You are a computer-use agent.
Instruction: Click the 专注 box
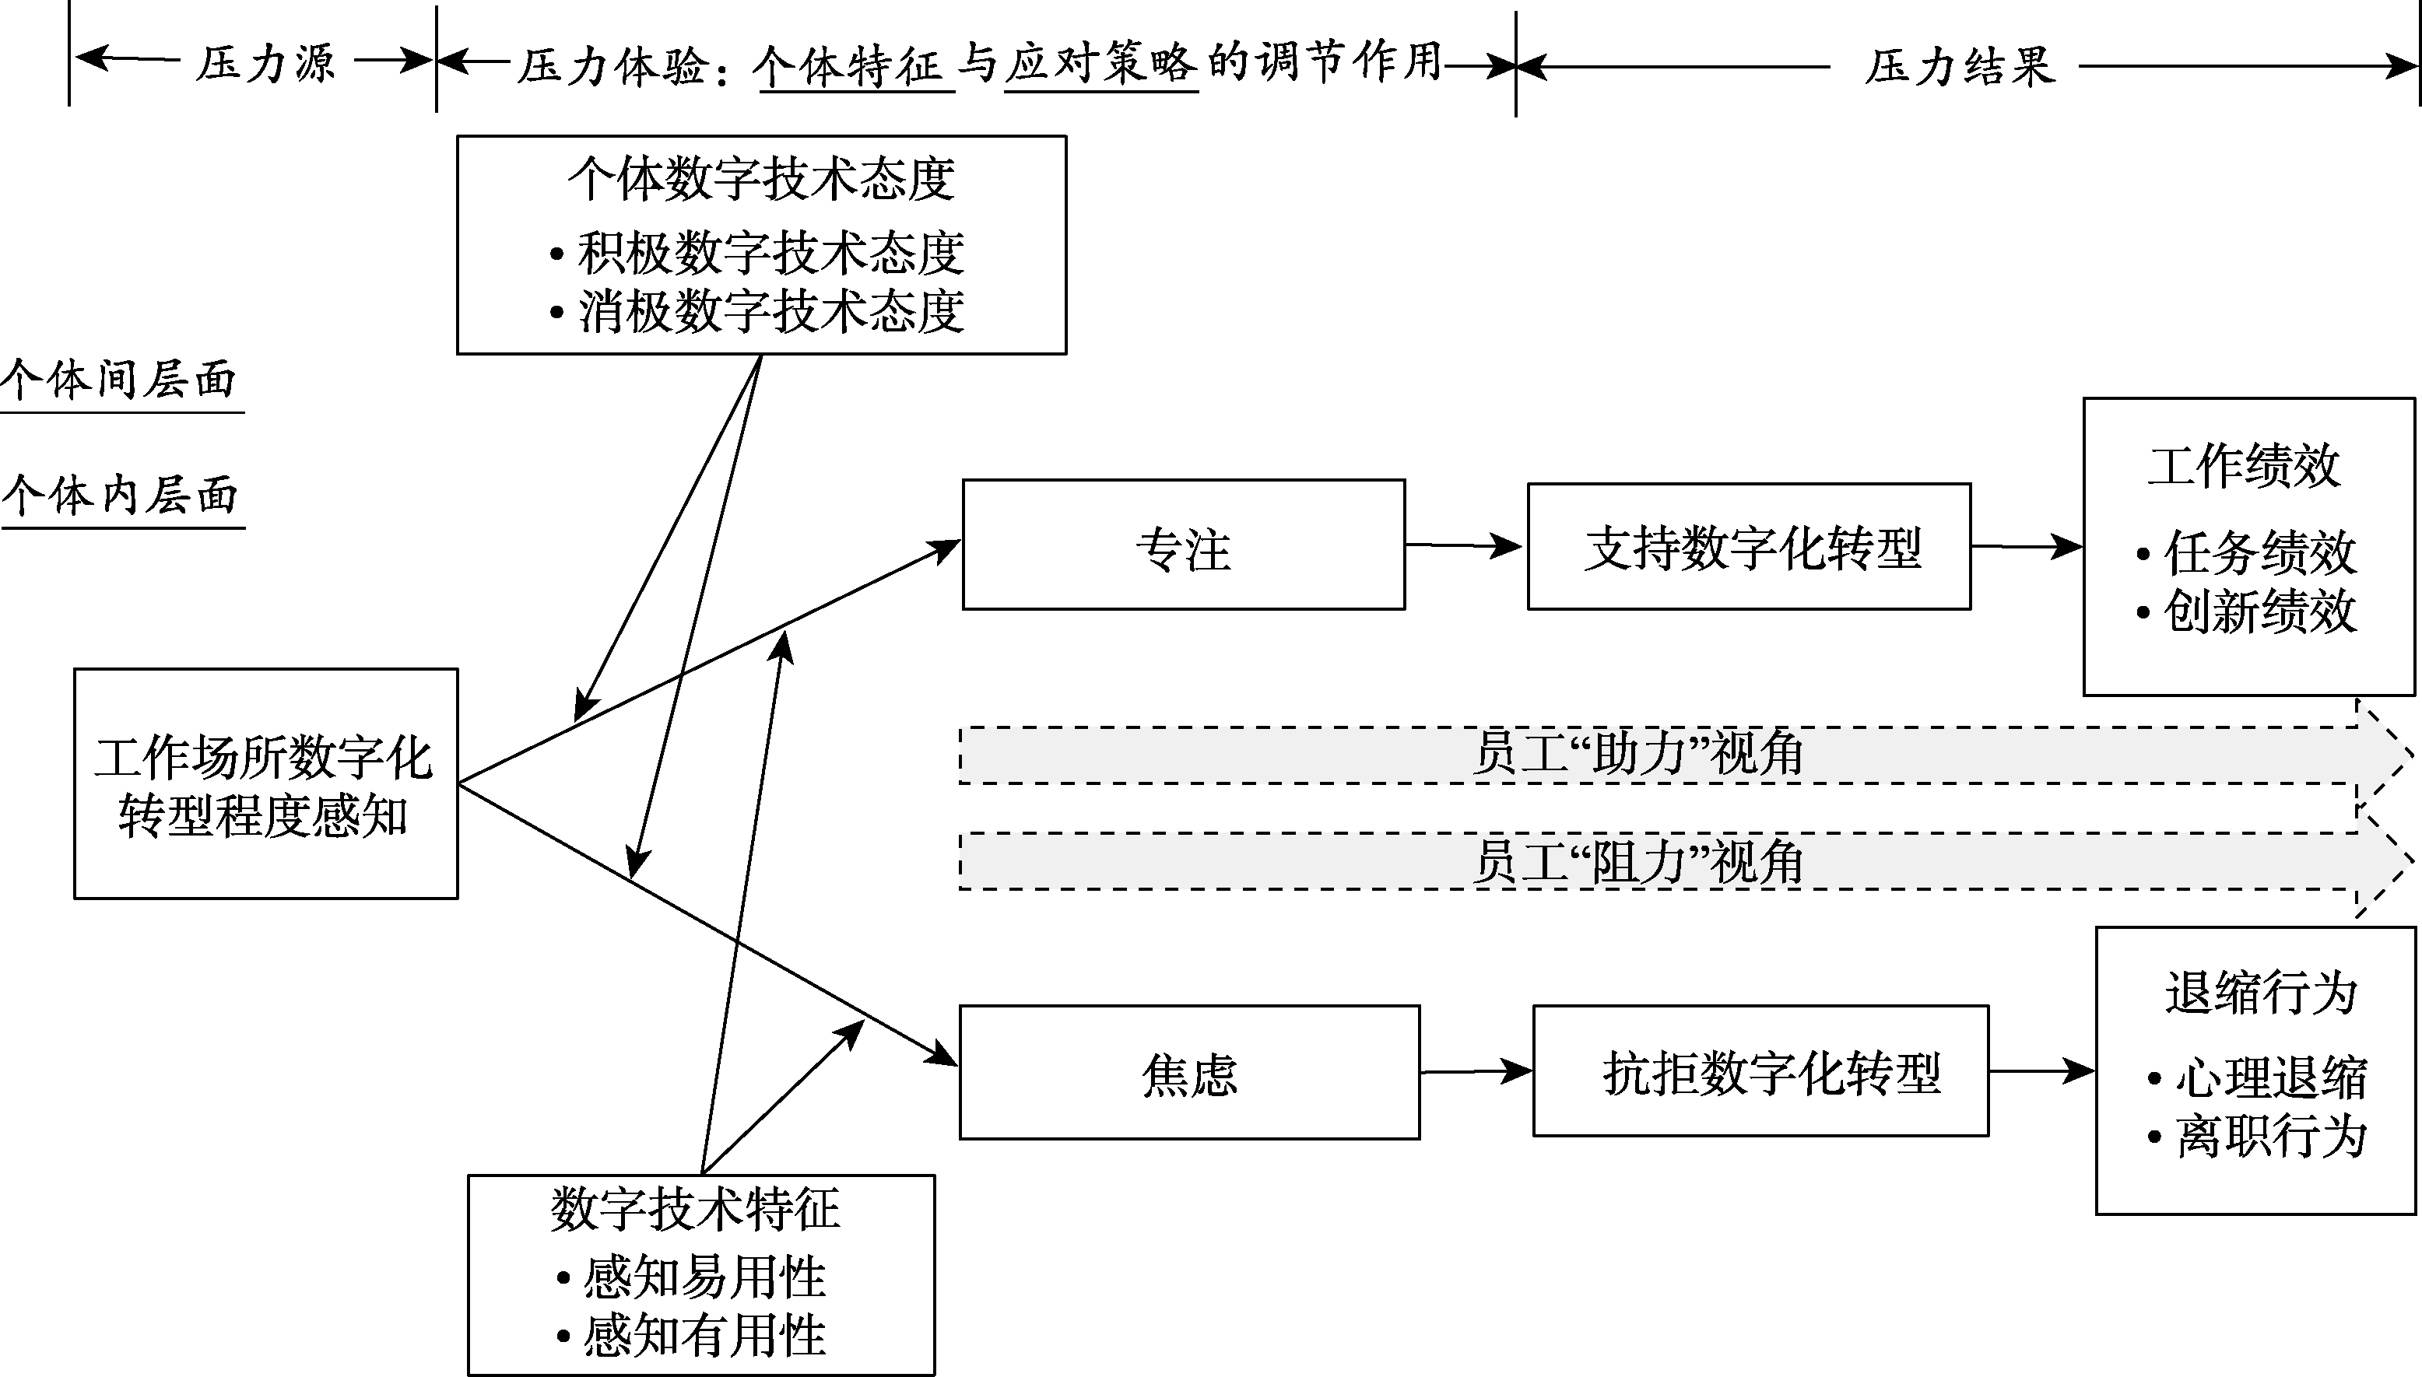[x=1183, y=545]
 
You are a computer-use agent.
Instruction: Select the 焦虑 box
[x=1188, y=1073]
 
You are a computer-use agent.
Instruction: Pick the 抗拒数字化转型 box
[x=1760, y=1071]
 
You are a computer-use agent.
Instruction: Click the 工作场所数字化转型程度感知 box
[x=266, y=784]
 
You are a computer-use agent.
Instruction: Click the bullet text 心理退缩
[x=2269, y=1078]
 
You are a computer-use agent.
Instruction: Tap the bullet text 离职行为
[x=2269, y=1136]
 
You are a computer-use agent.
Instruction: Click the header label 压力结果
[x=1960, y=66]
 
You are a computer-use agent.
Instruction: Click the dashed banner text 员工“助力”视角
[x=1637, y=755]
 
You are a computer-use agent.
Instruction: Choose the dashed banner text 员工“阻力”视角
[x=1637, y=861]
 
